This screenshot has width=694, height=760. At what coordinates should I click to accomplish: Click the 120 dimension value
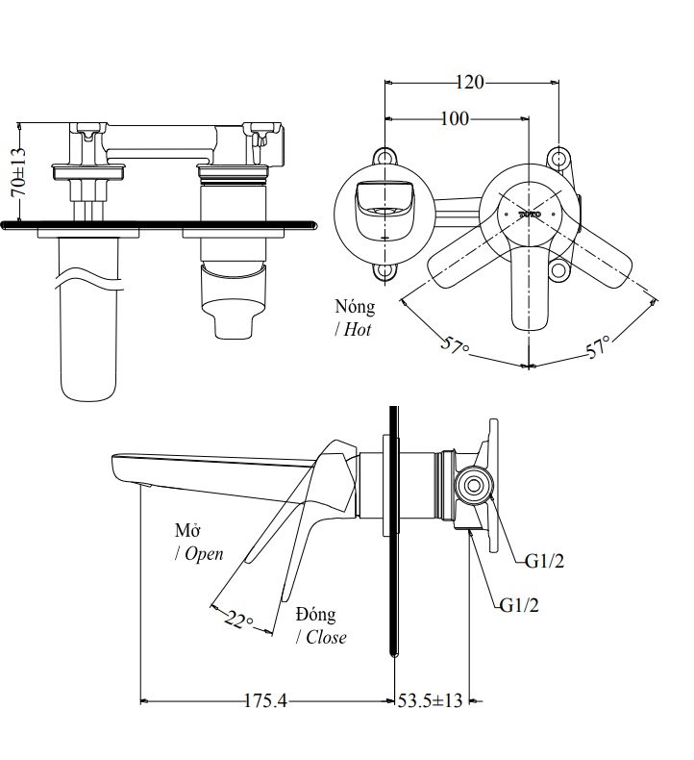click(x=469, y=83)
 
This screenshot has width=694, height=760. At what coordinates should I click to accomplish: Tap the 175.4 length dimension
click(x=266, y=701)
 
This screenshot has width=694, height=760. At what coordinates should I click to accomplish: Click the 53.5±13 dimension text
click(x=430, y=701)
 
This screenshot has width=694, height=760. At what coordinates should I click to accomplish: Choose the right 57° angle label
click(x=600, y=347)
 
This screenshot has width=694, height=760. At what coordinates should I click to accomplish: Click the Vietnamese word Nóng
click(x=355, y=308)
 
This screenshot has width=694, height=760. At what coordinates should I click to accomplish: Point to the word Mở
click(x=186, y=531)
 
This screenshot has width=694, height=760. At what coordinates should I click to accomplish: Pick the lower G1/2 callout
click(x=519, y=605)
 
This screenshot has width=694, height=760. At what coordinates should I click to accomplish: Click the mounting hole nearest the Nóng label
click(x=384, y=271)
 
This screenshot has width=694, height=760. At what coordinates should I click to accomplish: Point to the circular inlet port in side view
click(x=473, y=486)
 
